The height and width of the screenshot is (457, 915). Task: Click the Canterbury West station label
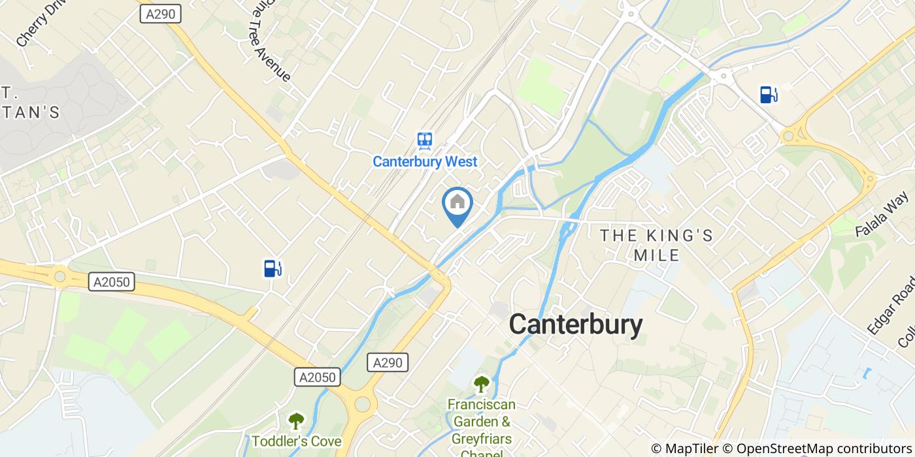425,161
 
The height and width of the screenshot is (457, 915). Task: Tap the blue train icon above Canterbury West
425,140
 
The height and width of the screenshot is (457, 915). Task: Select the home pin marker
457,202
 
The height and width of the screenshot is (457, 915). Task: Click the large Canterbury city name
575,324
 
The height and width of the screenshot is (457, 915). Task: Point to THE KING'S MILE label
657,245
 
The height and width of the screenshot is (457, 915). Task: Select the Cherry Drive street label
41,23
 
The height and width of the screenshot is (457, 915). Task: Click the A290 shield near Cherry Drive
160,14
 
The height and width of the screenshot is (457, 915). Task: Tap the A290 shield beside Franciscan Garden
388,363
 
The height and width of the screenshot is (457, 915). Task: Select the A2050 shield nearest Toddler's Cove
318,377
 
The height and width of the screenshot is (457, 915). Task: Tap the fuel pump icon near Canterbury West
273,268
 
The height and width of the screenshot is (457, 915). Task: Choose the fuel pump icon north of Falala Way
768,95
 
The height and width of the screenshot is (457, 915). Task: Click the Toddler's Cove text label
297,441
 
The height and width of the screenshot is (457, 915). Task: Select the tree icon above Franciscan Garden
481,384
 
